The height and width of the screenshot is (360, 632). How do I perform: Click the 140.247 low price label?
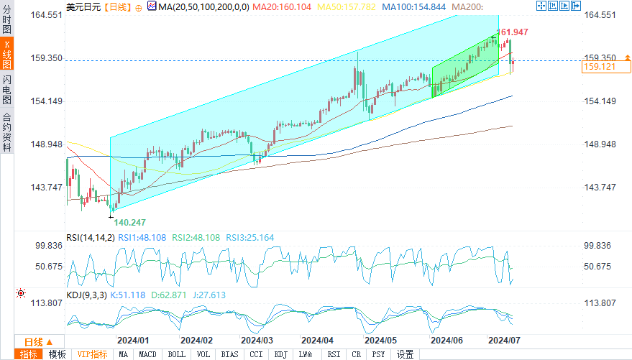point(129,222)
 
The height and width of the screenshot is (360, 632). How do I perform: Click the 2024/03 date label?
point(257,340)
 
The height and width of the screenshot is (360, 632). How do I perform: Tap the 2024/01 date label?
point(133,340)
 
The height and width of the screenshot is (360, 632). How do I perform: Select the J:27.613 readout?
point(209,295)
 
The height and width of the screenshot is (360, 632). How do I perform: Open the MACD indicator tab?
point(147,354)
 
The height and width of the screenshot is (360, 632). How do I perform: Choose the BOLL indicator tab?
point(176,354)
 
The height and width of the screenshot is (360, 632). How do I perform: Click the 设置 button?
point(406,354)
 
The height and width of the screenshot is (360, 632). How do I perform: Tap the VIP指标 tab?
point(92,354)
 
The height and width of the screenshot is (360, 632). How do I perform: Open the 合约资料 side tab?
point(7,132)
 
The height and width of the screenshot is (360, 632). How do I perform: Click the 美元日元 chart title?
point(83,6)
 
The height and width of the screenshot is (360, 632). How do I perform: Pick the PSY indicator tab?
point(378,354)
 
